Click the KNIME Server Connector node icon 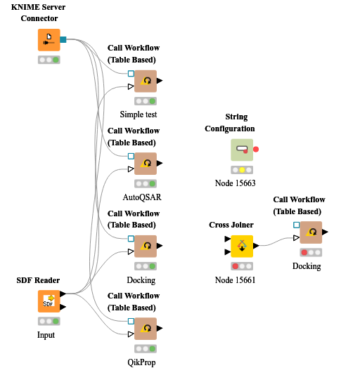tap(49, 40)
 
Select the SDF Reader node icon tap(49, 301)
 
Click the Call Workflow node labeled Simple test tap(146, 81)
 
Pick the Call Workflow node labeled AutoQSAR tap(146, 164)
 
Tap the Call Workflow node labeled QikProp tap(146, 329)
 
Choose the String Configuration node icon tap(242, 150)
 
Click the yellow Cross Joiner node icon tap(242, 247)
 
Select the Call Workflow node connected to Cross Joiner tap(310, 232)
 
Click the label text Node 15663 tap(235, 183)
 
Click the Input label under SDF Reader tap(46, 335)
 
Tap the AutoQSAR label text tap(142, 197)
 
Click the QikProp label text tap(143, 362)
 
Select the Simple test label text tap(139, 114)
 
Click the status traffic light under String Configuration tap(242, 170)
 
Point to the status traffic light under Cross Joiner tap(242, 266)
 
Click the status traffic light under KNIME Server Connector tap(49, 60)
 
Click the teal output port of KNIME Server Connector tap(63, 40)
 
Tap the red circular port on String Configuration tap(256, 150)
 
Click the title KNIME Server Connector tap(44, 12)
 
